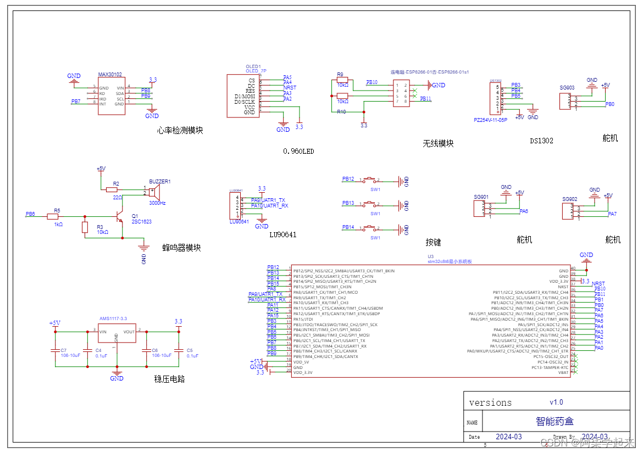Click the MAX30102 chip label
click(x=110, y=75)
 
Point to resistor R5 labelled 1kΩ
click(x=53, y=217)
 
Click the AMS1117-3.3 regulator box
click(x=117, y=335)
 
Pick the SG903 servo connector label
click(x=567, y=88)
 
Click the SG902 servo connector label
click(x=569, y=199)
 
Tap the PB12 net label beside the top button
click(x=348, y=179)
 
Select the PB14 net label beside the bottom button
click(x=348, y=227)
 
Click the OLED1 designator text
click(x=253, y=66)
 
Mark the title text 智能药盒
click(x=555, y=421)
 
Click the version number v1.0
click(x=556, y=402)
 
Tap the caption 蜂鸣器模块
click(x=181, y=248)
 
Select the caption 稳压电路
click(x=169, y=378)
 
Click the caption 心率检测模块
click(x=180, y=131)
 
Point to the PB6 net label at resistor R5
click(x=30, y=214)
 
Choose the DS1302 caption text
click(x=541, y=141)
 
